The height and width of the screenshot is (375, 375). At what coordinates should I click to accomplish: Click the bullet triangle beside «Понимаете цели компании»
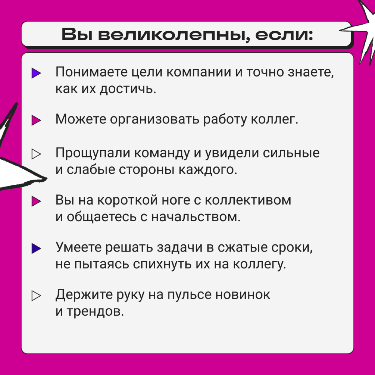(x=36, y=73)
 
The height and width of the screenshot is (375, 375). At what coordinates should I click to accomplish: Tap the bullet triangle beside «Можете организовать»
(x=36, y=120)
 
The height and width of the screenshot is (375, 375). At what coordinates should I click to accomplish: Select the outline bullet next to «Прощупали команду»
(x=36, y=154)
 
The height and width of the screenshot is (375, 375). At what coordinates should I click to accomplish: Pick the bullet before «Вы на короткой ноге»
(x=36, y=201)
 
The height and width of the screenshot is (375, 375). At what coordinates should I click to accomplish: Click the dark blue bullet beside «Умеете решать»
(x=36, y=248)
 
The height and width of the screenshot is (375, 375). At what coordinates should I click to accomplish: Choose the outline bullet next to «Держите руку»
(x=36, y=295)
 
